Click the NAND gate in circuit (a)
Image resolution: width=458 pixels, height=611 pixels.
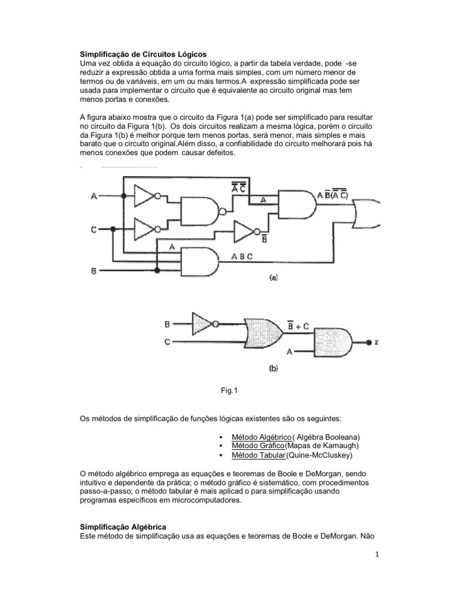[x=200, y=211]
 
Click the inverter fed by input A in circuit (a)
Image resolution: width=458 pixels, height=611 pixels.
[x=146, y=195]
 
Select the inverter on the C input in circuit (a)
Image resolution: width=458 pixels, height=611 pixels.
[x=146, y=229]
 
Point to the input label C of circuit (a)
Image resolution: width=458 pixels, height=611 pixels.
[x=94, y=229]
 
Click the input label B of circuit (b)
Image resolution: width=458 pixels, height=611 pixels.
[x=168, y=325]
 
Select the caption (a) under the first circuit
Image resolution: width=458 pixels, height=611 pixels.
[x=274, y=277]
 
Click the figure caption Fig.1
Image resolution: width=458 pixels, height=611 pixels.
[x=230, y=391]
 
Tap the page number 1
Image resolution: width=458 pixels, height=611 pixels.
[x=377, y=554]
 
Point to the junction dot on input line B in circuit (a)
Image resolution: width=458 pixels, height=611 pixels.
[x=157, y=270]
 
